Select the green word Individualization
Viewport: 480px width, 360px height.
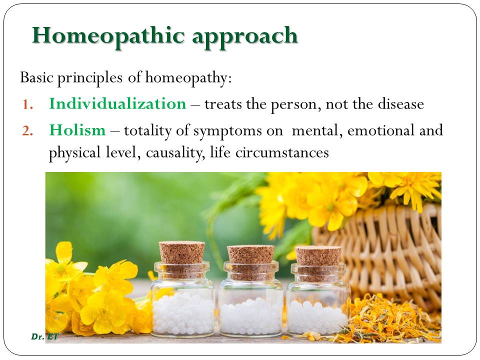117,104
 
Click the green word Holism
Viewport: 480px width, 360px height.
77,131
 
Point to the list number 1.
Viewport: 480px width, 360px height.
28,105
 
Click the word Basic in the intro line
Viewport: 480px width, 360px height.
36,78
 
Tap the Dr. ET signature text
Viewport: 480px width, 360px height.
44,337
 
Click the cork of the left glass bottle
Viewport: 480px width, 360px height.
182,253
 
